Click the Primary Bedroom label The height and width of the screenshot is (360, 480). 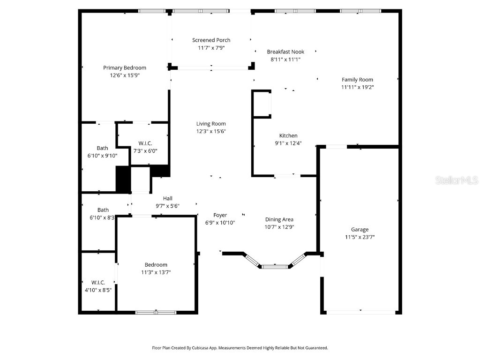coord(125,67)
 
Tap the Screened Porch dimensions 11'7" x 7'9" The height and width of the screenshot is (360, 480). coord(211,48)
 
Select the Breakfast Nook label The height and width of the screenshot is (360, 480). coord(285,52)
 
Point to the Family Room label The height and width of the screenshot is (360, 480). coord(357,80)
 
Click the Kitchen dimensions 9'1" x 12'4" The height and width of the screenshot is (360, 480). coord(288,143)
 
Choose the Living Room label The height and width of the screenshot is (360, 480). coord(211,124)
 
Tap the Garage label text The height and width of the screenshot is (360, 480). coord(360,230)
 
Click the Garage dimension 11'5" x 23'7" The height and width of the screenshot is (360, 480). coord(360,237)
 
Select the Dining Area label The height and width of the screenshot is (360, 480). coord(279,219)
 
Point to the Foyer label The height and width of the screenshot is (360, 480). coord(220,215)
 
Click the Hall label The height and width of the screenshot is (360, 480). coord(167,198)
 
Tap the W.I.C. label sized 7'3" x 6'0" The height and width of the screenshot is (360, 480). coord(145,143)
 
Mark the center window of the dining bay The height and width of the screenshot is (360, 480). coord(275,267)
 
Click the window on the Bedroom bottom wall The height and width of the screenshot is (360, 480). coord(156,312)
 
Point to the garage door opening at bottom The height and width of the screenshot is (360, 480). coord(360,311)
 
